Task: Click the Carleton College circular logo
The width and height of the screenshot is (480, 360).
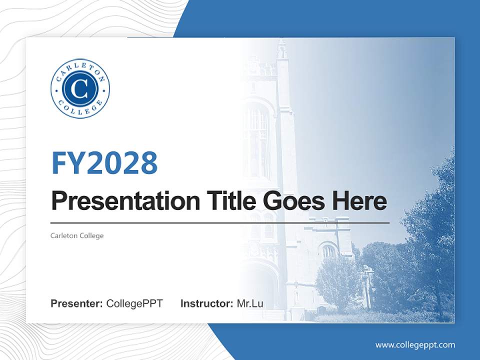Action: (x=80, y=89)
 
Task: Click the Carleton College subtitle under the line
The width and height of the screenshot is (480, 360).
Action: (x=77, y=235)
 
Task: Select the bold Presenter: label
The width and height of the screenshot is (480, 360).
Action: (x=77, y=303)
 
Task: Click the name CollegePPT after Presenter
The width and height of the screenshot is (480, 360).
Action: (x=134, y=303)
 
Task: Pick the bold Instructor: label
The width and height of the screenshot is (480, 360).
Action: (x=206, y=303)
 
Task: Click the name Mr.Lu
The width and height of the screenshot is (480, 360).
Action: (x=250, y=303)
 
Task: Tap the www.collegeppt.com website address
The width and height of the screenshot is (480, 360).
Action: (x=415, y=345)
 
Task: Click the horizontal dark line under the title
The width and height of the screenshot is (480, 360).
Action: (x=220, y=222)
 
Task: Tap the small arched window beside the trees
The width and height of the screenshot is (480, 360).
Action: (x=328, y=250)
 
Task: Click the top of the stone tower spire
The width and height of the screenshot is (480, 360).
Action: (x=282, y=45)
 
